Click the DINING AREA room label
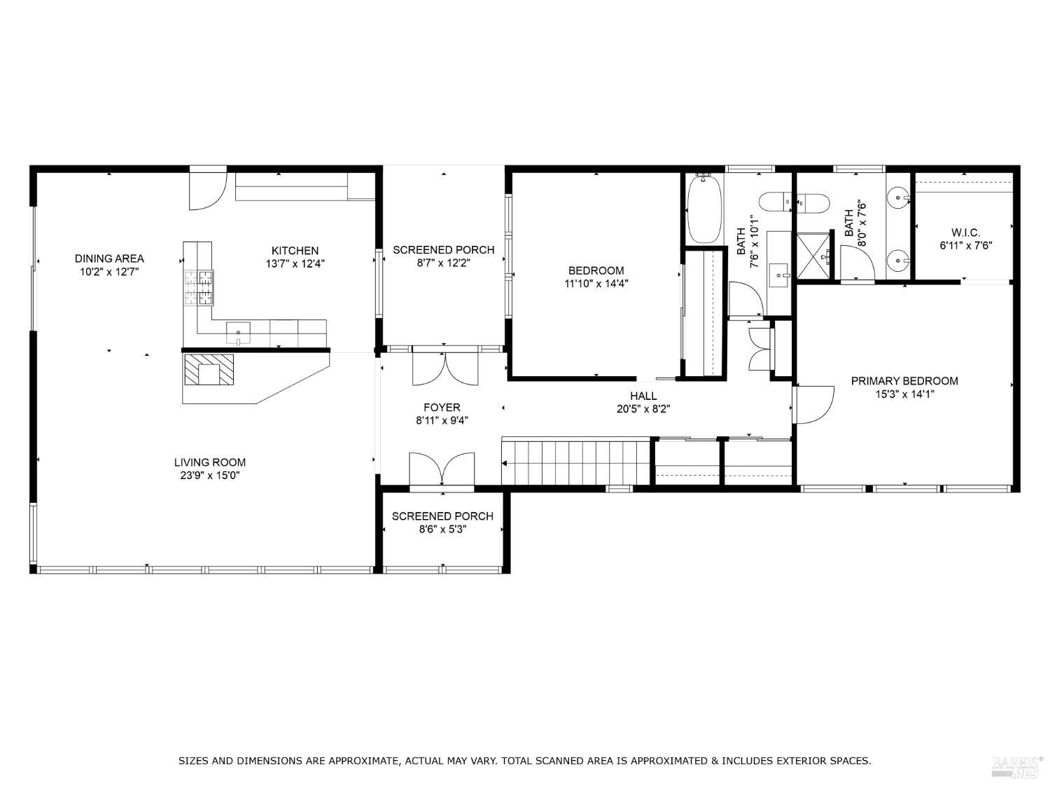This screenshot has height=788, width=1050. pyautogui.click(x=109, y=258)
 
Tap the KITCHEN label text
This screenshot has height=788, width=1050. pyautogui.click(x=295, y=250)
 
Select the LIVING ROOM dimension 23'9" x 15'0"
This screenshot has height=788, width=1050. pyautogui.click(x=209, y=476)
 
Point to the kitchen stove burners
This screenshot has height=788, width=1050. pyautogui.click(x=199, y=288)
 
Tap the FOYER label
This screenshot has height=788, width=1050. pyautogui.click(x=442, y=407)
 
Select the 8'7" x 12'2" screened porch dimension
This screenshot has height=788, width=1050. pyautogui.click(x=443, y=263)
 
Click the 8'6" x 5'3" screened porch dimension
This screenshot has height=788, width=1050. pyautogui.click(x=442, y=530)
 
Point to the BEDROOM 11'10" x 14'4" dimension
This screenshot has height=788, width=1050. pyautogui.click(x=596, y=284)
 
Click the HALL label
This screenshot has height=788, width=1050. pyautogui.click(x=643, y=396)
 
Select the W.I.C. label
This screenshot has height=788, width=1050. pyautogui.click(x=965, y=232)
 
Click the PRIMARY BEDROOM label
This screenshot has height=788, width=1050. pyautogui.click(x=904, y=380)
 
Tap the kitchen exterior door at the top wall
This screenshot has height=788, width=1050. pyautogui.click(x=208, y=188)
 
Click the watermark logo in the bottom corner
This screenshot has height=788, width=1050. pyautogui.click(x=1014, y=766)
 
